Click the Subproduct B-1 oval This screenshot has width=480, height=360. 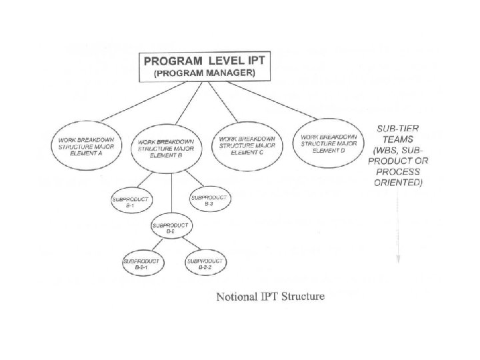point(131,201)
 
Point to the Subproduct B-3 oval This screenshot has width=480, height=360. point(209,197)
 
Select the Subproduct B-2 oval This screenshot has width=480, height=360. point(171,229)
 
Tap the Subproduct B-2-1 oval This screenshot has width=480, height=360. point(141,263)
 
